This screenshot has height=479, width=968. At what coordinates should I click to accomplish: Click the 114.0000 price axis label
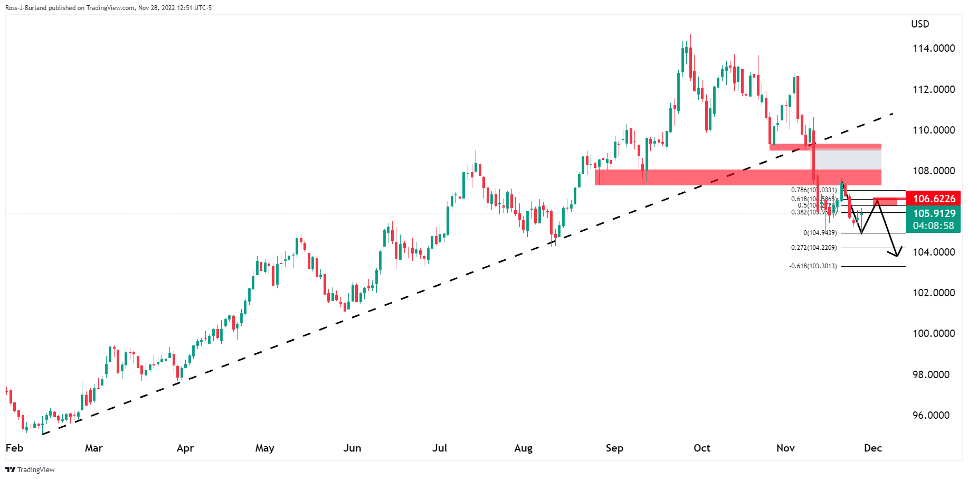[x=934, y=49]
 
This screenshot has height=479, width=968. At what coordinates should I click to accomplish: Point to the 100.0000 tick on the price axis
[x=934, y=334]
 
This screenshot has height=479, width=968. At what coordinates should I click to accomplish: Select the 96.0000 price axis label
[x=934, y=416]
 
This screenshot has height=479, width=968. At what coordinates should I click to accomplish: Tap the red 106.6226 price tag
[x=933, y=199]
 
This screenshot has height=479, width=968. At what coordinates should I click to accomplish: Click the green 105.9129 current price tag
[x=933, y=213]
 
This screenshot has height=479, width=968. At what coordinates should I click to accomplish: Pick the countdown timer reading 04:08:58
[x=933, y=226]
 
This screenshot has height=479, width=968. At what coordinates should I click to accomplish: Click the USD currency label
[x=920, y=24]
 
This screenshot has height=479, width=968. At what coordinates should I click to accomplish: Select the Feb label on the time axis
[x=14, y=448]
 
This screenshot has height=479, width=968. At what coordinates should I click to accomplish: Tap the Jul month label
[x=440, y=448]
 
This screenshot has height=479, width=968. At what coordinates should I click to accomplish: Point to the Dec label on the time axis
[x=873, y=448]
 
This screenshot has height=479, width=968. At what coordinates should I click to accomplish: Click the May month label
[x=264, y=448]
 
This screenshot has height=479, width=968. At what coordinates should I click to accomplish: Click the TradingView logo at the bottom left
[x=30, y=469]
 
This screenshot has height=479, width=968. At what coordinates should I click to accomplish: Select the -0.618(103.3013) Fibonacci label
[x=813, y=266]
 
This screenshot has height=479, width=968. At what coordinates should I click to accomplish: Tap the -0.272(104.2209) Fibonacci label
[x=813, y=248]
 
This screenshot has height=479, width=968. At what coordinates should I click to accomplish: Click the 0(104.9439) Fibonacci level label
[x=820, y=233]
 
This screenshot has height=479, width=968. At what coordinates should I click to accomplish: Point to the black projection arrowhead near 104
[x=896, y=255]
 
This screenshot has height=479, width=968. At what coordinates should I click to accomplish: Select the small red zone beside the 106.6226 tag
[x=886, y=201]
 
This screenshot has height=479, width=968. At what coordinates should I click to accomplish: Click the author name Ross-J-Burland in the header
[x=26, y=8]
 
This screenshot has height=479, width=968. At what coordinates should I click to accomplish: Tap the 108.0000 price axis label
[x=934, y=171]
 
